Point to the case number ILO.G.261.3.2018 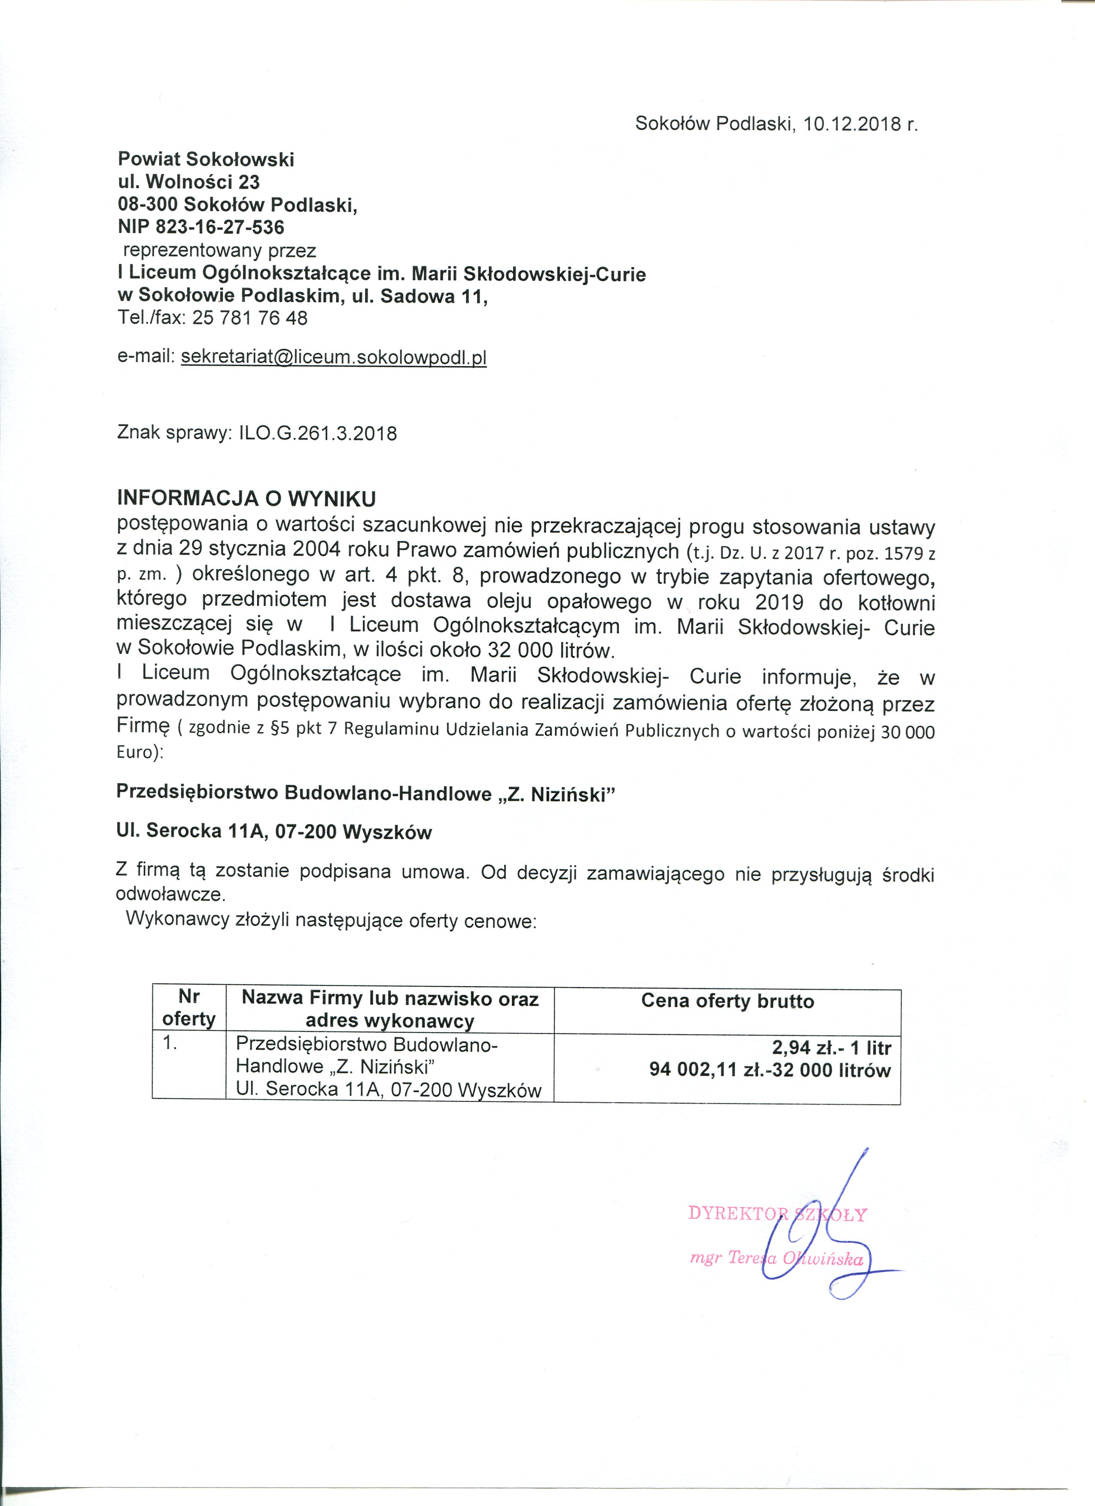pos(318,433)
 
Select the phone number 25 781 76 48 pos(250,318)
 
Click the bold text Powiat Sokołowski pos(206,159)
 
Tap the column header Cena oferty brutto pos(727,1001)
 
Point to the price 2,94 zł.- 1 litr pos(831,1048)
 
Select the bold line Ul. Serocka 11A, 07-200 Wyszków pos(274,832)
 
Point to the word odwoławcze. pos(170,894)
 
